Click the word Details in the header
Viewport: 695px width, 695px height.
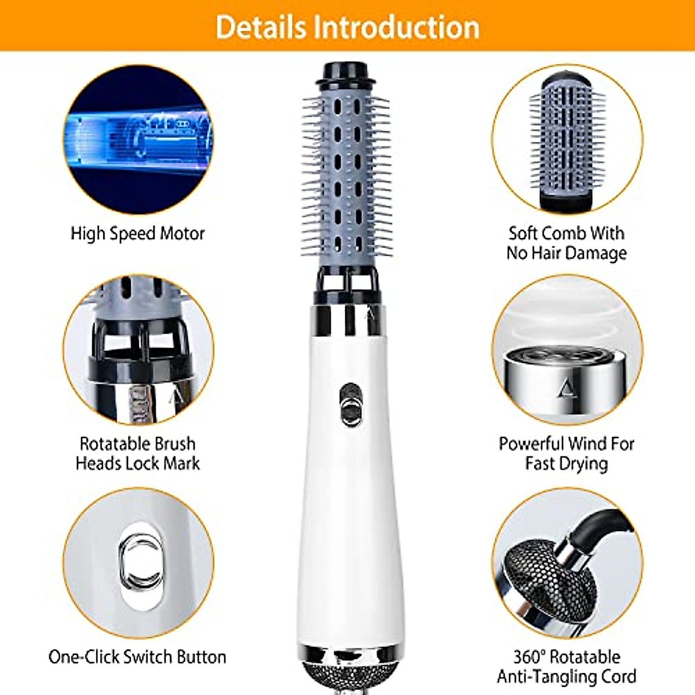(260, 27)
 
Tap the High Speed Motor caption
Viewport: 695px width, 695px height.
(137, 233)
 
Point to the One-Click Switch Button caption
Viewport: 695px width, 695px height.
(137, 657)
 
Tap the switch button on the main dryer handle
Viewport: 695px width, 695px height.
(349, 404)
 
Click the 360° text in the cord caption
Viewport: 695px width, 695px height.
(529, 657)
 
